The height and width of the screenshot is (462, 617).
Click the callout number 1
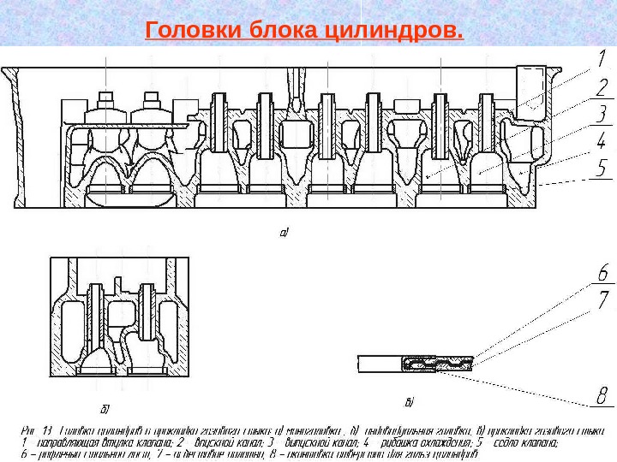[x=602, y=60]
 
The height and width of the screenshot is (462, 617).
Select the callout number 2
[x=602, y=86]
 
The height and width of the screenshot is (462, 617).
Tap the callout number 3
[x=602, y=113]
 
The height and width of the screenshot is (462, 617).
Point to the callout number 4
[x=602, y=139]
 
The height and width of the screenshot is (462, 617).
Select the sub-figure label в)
[x=409, y=400]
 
